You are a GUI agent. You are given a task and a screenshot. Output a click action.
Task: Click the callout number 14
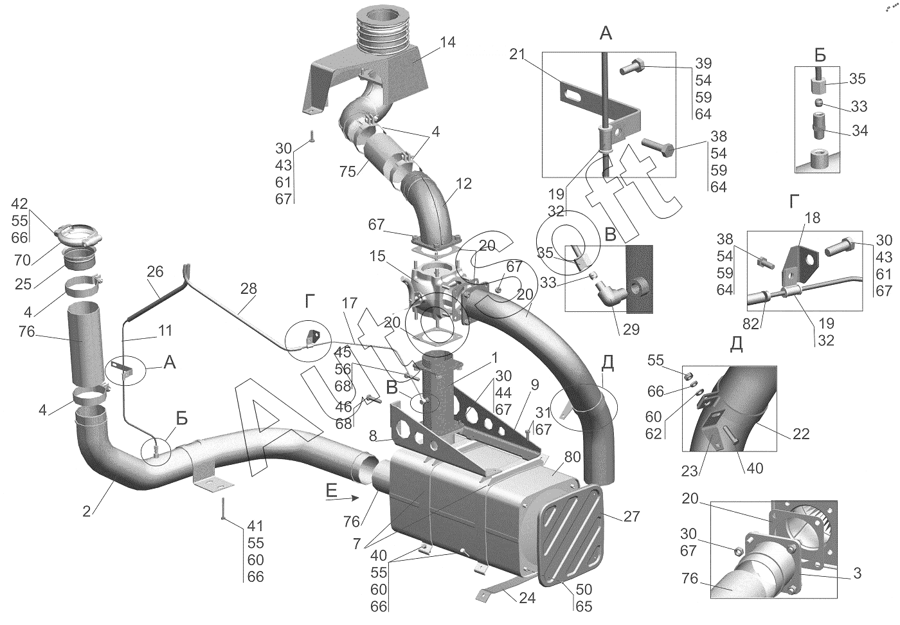pos(447,42)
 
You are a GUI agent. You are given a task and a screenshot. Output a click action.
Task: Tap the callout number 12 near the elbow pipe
pos(464,184)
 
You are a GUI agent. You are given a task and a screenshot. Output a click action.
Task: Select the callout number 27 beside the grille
pos(631,516)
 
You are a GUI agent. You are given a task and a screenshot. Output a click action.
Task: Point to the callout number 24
pos(527,597)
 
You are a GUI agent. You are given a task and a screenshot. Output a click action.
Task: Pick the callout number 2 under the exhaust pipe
pos(87,511)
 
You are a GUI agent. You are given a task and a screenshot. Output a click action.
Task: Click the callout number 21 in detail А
pos(517,54)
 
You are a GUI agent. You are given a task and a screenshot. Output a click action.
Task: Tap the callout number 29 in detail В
pos(631,330)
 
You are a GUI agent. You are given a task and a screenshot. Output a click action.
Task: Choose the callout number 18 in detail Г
pos(813,218)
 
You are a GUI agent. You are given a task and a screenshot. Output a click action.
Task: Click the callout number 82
pos(751,323)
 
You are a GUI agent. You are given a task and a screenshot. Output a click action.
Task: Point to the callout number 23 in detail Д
pos(689,471)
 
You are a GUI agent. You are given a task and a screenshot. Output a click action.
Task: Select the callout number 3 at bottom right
pos(857,573)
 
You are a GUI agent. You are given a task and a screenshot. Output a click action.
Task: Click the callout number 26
pos(155,272)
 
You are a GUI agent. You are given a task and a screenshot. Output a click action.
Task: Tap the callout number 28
pos(248,289)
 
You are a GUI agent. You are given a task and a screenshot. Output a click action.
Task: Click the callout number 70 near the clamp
pos(22,260)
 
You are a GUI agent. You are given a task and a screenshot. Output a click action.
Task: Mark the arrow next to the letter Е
pos(342,498)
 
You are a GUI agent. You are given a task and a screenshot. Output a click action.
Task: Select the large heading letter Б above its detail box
pos(820,55)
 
